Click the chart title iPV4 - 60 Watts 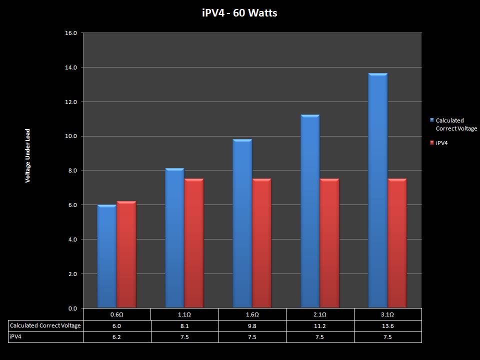[x=239, y=13]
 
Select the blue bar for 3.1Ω [x=377, y=190]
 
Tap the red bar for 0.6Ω [x=126, y=255]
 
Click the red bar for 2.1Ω [x=329, y=243]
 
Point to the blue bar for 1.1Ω [x=174, y=238]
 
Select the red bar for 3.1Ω [x=397, y=243]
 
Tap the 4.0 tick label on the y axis [x=72, y=239]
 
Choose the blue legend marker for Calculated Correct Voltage [x=431, y=120]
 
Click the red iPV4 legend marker [x=431, y=143]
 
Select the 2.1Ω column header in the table [x=320, y=314]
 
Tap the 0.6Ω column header [x=116, y=314]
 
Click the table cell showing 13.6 [x=387, y=325]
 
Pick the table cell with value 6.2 [x=116, y=337]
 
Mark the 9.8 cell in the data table [x=252, y=325]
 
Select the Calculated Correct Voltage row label [x=45, y=325]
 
